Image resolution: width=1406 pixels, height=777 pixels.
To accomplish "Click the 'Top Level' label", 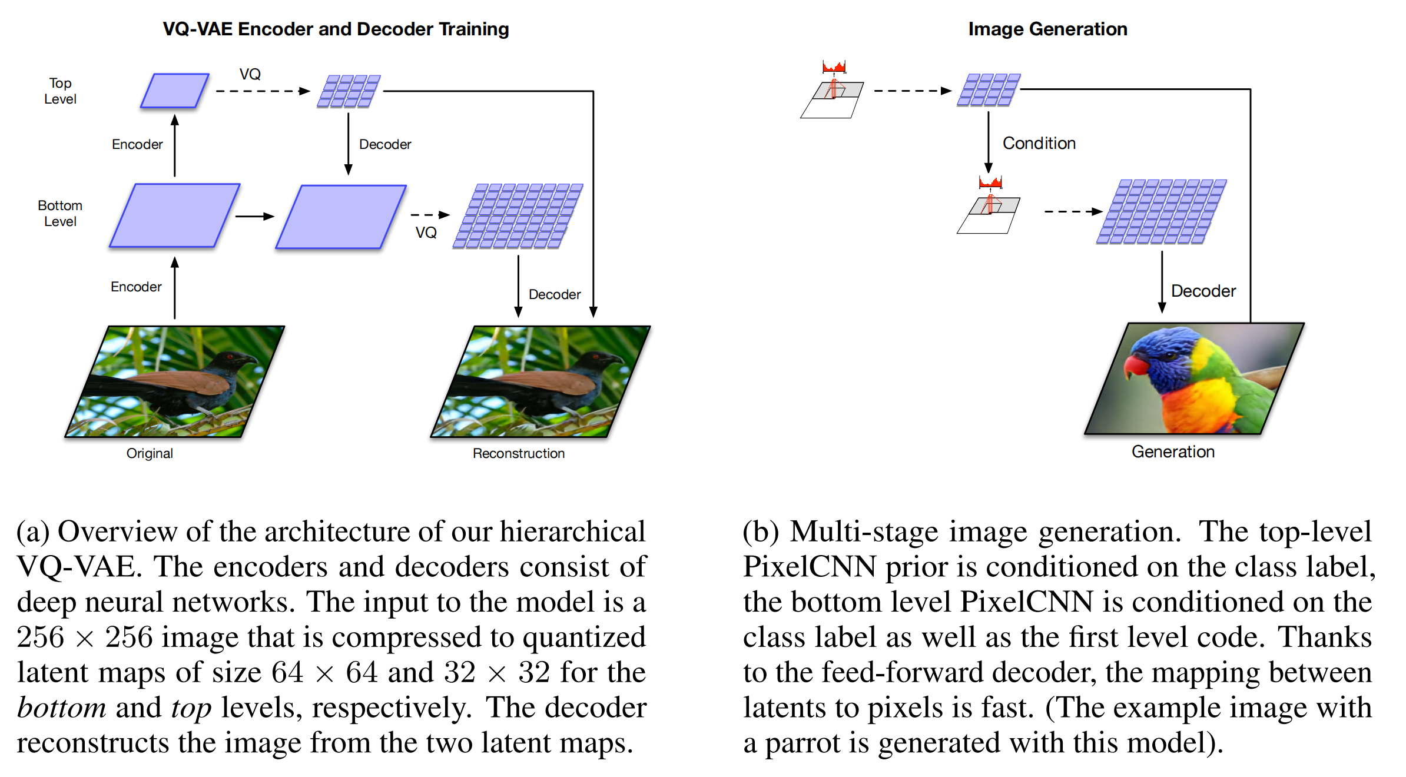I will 60,91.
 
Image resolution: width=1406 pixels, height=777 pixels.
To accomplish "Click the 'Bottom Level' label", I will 60,213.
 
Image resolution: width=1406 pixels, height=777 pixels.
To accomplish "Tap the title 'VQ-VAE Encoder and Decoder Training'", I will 336,29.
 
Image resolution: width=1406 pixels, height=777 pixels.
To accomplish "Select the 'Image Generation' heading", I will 1047,29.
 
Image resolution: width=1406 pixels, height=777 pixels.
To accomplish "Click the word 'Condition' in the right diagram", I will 1039,143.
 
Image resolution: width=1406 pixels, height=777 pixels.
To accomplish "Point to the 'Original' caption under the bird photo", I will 150,453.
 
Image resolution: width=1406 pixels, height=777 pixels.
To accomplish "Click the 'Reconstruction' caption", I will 518,453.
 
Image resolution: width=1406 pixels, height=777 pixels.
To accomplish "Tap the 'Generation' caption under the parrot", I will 1173,451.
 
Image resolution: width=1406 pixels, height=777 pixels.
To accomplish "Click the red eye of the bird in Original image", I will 230,357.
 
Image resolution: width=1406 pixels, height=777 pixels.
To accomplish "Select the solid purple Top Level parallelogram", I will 175,91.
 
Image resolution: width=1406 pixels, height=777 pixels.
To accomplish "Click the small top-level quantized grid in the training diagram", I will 349,91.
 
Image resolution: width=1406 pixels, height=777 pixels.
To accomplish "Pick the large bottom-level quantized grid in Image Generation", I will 1161,212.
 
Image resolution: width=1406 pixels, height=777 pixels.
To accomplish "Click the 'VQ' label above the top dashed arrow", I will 250,74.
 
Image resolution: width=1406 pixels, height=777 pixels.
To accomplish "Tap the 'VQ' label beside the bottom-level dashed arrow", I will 426,233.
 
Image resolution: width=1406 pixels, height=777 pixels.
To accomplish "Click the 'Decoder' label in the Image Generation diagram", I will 1203,291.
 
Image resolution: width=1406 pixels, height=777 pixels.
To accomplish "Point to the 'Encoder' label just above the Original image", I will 136,287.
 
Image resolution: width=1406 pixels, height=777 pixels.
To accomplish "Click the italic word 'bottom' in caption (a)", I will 61,708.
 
